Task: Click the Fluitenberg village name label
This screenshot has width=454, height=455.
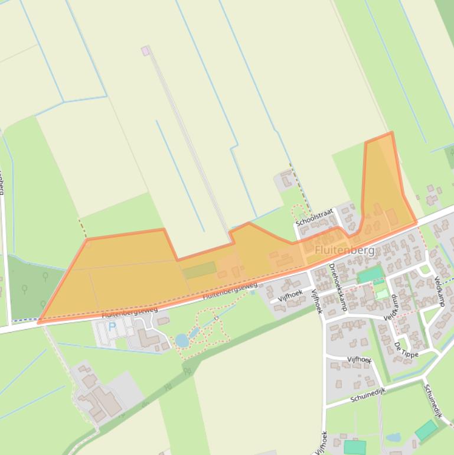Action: (x=344, y=251)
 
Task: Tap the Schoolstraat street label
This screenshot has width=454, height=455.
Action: (x=315, y=217)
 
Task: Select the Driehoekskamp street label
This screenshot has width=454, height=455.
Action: (x=337, y=287)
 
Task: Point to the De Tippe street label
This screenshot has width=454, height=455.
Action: (x=406, y=349)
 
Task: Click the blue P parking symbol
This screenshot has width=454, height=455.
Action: (x=112, y=326)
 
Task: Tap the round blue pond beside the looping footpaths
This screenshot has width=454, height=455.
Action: (x=182, y=340)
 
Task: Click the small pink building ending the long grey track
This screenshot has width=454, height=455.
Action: (x=145, y=51)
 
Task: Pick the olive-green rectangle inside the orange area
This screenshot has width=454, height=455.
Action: (x=199, y=270)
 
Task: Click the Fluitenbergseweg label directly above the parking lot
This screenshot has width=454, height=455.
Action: (x=130, y=313)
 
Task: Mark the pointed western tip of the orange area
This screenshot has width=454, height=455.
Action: (x=39, y=322)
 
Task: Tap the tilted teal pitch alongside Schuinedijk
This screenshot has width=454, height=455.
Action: (x=426, y=430)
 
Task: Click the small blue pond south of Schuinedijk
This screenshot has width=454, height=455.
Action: (x=393, y=438)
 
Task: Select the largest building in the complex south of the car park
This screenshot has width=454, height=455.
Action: (x=107, y=401)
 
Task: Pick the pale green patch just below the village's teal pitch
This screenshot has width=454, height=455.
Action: (x=383, y=294)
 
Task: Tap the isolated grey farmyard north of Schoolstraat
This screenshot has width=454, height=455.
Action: (x=286, y=179)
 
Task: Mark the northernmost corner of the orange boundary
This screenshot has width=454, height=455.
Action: (x=391, y=133)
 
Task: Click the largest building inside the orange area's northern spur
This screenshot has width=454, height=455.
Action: (x=391, y=217)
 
